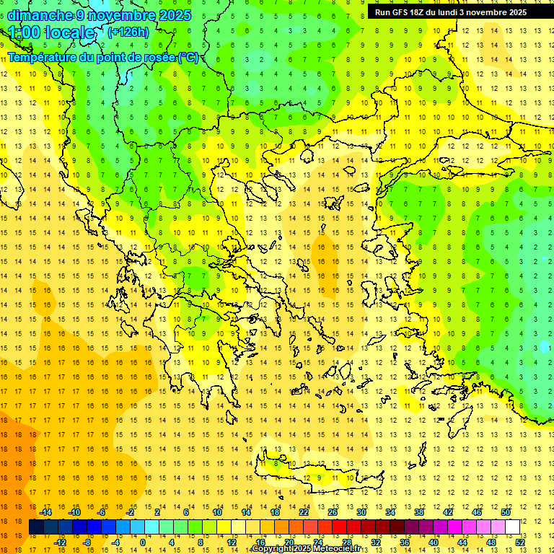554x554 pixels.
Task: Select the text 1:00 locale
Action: coord(52,32)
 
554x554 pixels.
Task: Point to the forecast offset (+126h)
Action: coord(128,32)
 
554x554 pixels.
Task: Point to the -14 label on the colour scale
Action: coord(45,512)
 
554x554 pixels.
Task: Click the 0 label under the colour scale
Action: coord(143,542)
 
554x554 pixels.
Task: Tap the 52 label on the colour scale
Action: coord(520,542)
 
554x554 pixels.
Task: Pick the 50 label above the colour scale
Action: coord(505,512)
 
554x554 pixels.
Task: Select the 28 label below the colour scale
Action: coord(346,542)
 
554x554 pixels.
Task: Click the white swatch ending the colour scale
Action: coord(512,527)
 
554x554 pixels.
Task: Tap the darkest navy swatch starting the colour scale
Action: coord(36,527)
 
